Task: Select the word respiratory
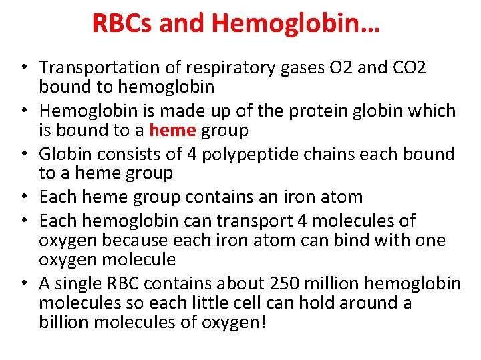218,67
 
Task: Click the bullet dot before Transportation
24,68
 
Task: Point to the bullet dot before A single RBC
24,284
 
